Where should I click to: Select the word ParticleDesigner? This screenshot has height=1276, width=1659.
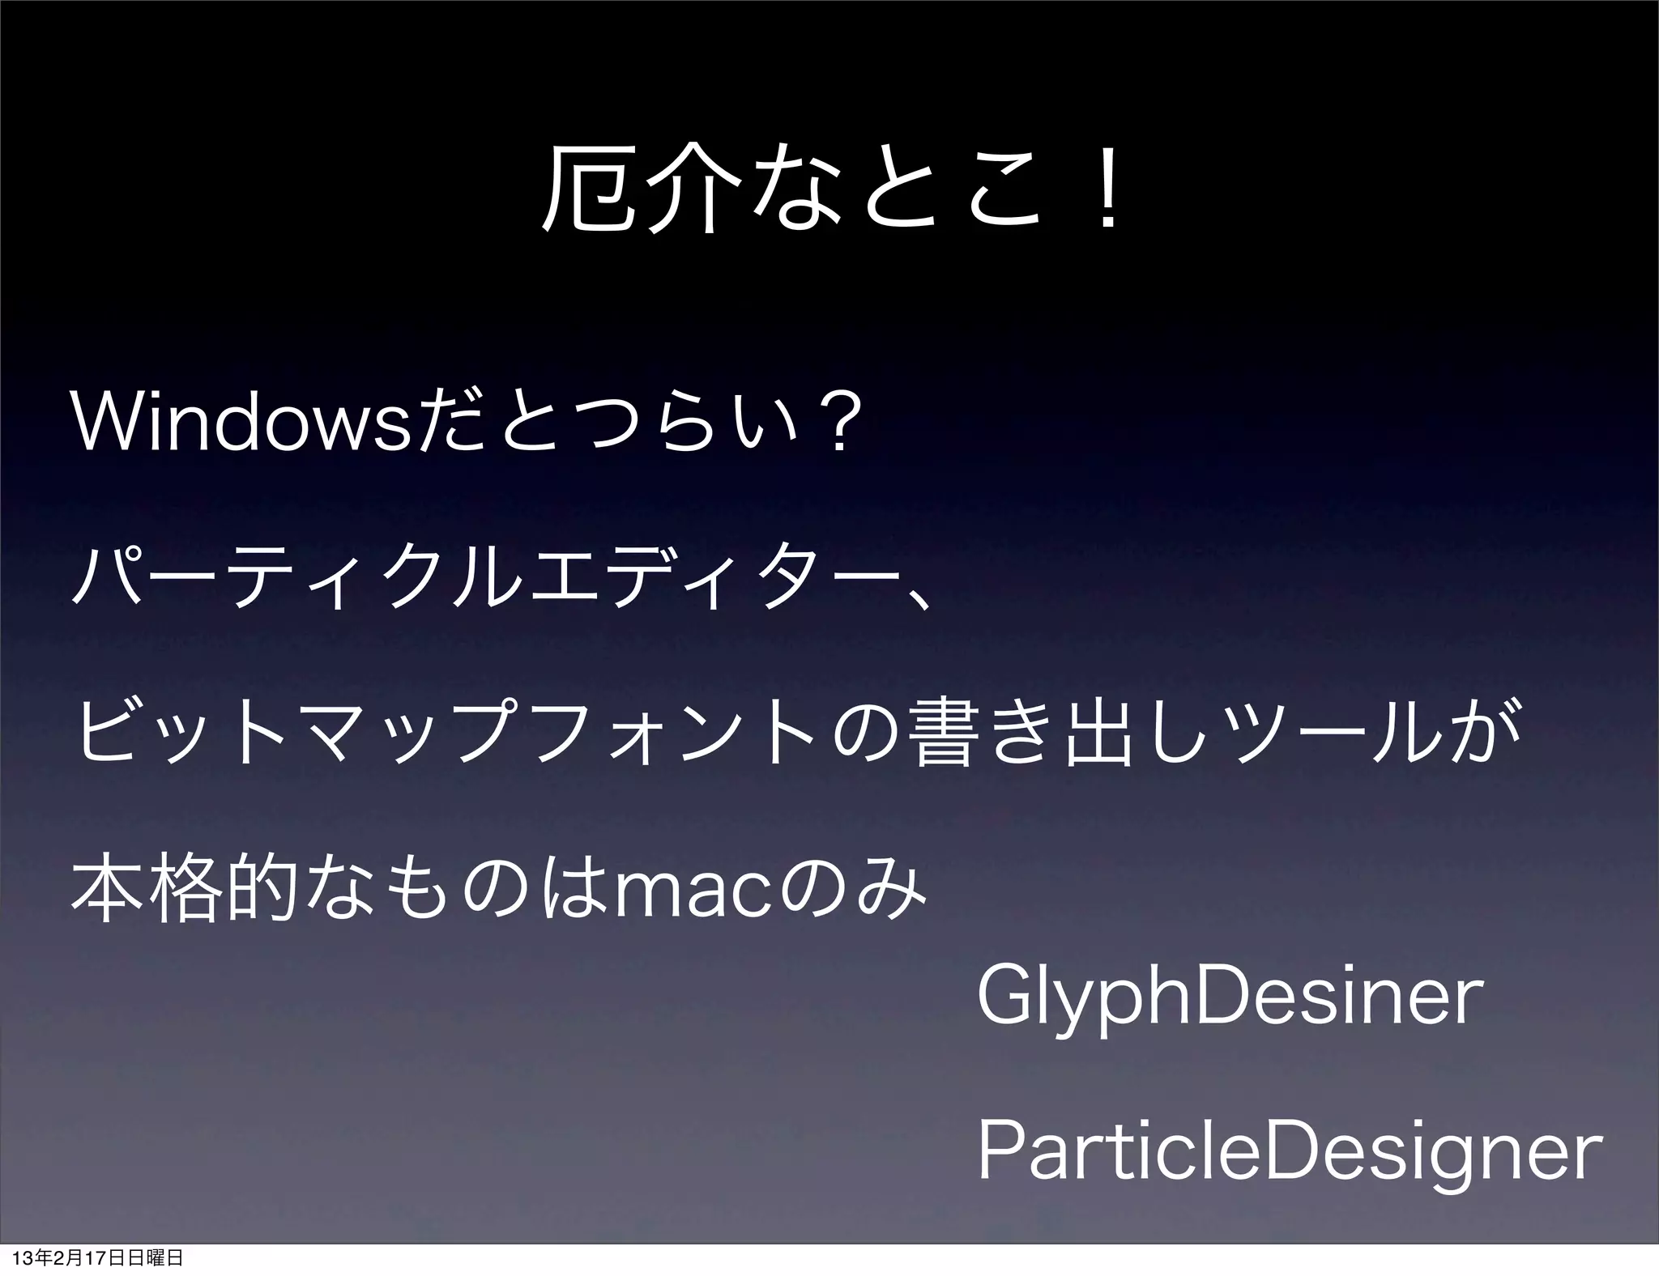pyautogui.click(x=1290, y=1151)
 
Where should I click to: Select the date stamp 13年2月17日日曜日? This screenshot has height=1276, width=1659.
pyautogui.click(x=97, y=1258)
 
